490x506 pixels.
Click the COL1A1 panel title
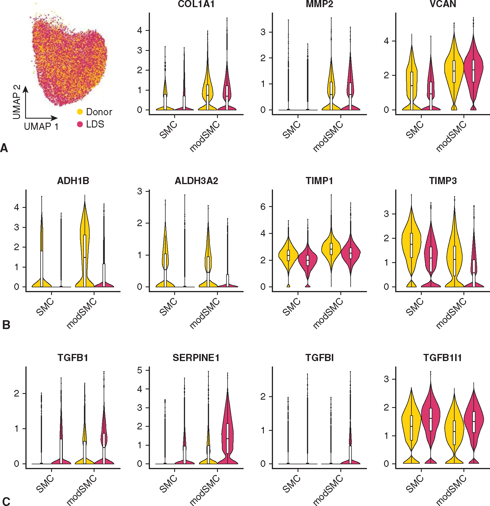click(x=196, y=4)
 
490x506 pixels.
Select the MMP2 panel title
click(x=319, y=4)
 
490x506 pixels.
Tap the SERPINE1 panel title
click(x=196, y=358)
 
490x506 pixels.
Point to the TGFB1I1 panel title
click(x=442, y=358)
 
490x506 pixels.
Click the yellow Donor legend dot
click(x=80, y=112)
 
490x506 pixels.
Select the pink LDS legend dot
click(x=80, y=124)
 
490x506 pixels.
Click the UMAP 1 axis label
click(x=41, y=126)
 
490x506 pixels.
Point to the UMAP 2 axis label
click(x=17, y=102)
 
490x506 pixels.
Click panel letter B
click(x=6, y=325)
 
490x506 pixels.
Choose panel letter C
click(x=6, y=502)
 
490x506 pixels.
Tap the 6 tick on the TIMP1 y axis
click(x=263, y=207)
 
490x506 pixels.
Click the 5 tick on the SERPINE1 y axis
click(x=140, y=370)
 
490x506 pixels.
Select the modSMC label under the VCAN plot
click(x=451, y=136)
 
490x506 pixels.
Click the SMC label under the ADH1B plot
click(x=45, y=307)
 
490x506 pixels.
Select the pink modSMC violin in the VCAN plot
click(x=473, y=69)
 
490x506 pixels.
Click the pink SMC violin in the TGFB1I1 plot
click(x=431, y=417)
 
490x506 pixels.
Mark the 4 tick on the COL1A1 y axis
click(x=140, y=30)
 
